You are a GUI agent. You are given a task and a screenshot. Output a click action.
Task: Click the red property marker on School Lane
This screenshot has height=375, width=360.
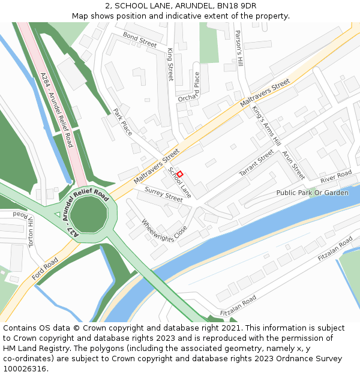point(179,174)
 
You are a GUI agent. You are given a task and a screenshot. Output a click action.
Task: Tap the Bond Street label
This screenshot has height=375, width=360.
point(140,40)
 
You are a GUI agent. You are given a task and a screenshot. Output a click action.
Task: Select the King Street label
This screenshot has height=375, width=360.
point(170,65)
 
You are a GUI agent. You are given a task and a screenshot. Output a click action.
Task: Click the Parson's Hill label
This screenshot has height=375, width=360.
point(239,48)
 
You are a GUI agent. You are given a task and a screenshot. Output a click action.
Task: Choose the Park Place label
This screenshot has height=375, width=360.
point(122,121)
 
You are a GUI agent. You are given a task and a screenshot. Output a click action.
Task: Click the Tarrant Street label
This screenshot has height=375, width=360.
point(256,163)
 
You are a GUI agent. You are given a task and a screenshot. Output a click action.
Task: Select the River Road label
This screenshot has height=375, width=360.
point(336,178)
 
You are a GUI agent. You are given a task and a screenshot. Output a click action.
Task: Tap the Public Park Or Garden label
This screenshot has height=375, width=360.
point(312,193)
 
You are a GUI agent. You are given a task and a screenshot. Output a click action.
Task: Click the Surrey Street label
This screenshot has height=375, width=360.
point(163,194)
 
